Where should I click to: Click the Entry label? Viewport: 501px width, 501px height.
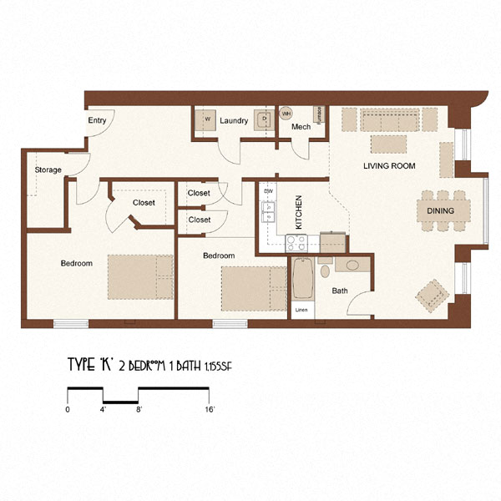tap(97, 120)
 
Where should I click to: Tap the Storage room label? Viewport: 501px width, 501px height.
tap(48, 170)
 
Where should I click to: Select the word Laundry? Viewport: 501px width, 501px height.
tap(234, 121)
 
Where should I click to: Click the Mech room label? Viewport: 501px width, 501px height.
tap(301, 127)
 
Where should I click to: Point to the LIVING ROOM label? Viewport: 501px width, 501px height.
tap(389, 166)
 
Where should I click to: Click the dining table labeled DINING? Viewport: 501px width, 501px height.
tap(440, 210)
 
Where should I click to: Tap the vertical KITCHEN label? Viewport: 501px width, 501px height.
tap(298, 212)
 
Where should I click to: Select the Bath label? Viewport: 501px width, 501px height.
tap(340, 291)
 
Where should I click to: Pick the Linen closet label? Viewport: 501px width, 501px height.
tap(301, 311)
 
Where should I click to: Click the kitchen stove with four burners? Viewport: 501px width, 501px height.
tap(297, 243)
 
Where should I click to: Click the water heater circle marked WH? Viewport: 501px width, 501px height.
tap(286, 113)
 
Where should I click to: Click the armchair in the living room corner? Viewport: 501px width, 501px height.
tap(433, 295)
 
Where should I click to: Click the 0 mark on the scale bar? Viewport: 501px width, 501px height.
tap(67, 410)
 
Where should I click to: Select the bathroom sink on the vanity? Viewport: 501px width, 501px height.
tap(352, 266)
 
